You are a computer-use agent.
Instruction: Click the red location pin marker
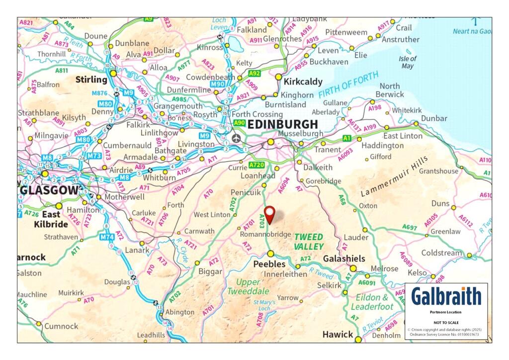[x=269, y=214]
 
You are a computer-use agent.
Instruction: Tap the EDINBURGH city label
[x=282, y=124]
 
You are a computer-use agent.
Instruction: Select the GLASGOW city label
[x=49, y=190]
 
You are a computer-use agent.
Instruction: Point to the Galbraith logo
[x=446, y=296]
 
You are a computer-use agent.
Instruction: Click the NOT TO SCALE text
[x=446, y=322]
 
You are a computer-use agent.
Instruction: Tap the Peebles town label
[x=269, y=264]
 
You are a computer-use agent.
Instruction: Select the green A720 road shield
[x=256, y=165]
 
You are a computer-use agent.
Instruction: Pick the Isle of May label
[x=407, y=62]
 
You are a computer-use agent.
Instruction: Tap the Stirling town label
[x=91, y=80]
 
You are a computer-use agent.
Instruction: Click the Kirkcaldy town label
[x=302, y=82]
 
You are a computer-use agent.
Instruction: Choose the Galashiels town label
[x=344, y=259]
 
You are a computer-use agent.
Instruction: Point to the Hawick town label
[x=338, y=334]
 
